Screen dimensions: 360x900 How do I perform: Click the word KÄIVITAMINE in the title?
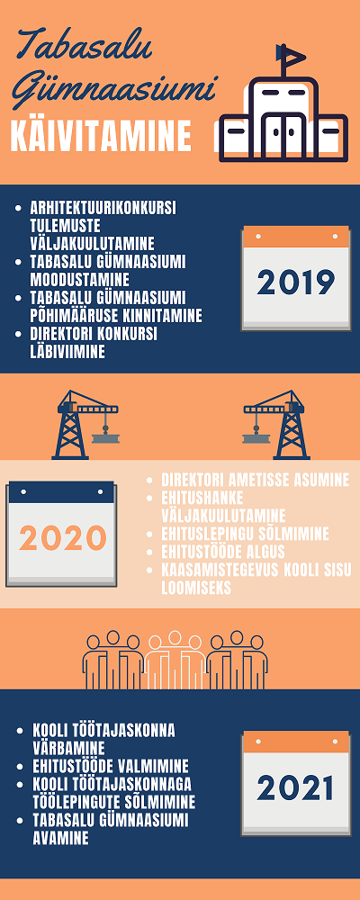click(x=101, y=136)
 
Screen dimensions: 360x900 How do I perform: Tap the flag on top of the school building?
click(x=290, y=53)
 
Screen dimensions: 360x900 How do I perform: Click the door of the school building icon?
click(x=283, y=133)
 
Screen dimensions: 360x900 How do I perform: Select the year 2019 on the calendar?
click(x=296, y=282)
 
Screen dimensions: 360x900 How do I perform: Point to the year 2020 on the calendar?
click(x=63, y=538)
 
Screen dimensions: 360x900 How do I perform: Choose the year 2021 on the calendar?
click(x=296, y=787)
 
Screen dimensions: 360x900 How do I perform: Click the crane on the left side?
click(x=86, y=425)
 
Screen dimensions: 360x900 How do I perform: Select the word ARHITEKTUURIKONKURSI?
click(x=103, y=207)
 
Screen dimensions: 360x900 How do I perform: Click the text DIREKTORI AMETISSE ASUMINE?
click(x=256, y=480)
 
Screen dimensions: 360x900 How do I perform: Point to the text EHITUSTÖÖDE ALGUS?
click(x=223, y=553)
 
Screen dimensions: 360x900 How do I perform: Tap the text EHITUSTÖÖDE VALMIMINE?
click(x=111, y=766)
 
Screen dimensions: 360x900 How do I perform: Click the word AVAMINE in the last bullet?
click(x=61, y=838)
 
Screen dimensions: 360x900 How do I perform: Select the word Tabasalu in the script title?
click(x=86, y=46)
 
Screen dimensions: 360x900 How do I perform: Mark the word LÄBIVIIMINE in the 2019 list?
click(x=67, y=351)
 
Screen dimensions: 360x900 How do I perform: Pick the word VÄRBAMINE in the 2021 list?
click(x=69, y=749)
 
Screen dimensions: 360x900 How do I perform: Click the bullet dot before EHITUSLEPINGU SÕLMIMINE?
click(x=150, y=535)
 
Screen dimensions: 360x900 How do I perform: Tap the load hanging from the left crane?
click(x=105, y=438)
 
